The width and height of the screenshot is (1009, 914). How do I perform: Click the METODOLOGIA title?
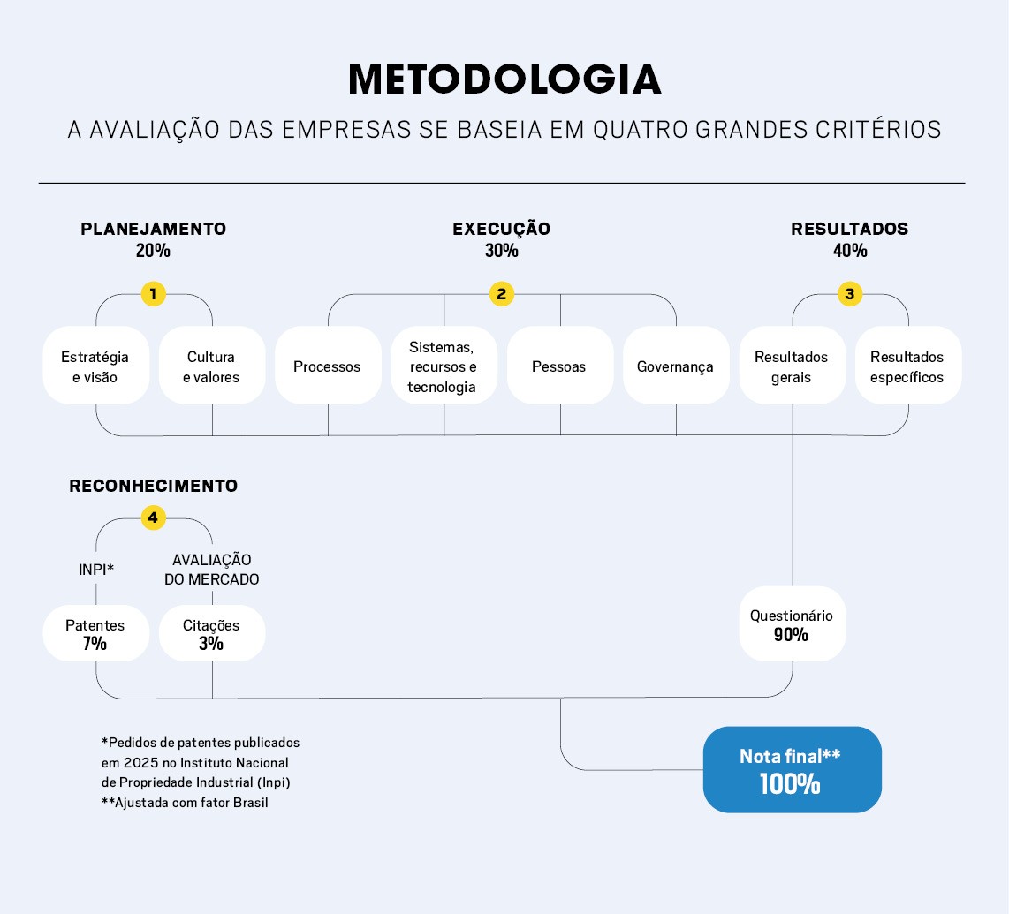(x=504, y=79)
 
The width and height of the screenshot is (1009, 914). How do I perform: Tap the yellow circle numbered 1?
(x=153, y=294)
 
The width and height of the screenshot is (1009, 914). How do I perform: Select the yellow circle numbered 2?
(x=501, y=294)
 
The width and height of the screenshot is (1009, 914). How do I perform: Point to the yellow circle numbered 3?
(x=850, y=294)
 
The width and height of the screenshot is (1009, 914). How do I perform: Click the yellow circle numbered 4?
(x=153, y=517)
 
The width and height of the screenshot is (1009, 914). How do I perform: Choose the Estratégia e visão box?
(x=96, y=366)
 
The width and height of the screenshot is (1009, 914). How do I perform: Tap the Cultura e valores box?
(x=212, y=366)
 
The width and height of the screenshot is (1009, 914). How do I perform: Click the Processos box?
(x=328, y=366)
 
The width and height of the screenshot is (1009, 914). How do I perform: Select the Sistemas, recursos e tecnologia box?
(x=444, y=366)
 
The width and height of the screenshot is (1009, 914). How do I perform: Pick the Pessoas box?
(x=560, y=366)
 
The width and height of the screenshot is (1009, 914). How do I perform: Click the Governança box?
(x=676, y=366)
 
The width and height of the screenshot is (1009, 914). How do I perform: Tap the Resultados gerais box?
(x=793, y=366)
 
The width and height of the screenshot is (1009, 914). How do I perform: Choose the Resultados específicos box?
(x=908, y=366)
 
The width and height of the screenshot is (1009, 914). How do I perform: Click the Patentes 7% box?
(x=96, y=633)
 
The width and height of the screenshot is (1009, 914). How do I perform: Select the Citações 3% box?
(x=212, y=633)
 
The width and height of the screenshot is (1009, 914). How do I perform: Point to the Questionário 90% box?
(x=793, y=623)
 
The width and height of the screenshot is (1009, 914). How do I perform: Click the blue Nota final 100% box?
(x=793, y=769)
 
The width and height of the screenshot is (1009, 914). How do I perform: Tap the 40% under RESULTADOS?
(x=850, y=250)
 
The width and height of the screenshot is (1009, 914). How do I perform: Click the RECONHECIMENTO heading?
(x=153, y=486)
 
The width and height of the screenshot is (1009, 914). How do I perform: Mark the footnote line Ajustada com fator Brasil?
(x=185, y=802)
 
